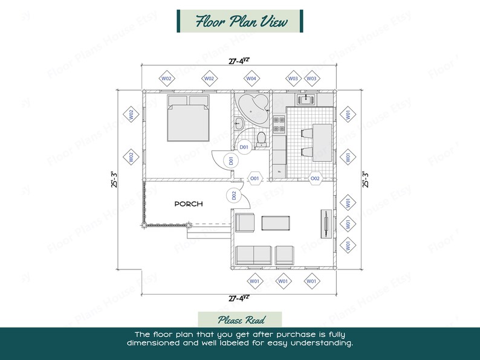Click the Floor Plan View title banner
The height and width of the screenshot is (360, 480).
pyautogui.click(x=240, y=21)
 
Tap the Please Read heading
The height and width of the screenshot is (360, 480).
pyautogui.click(x=240, y=320)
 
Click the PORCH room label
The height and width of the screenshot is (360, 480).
pyautogui.click(x=188, y=204)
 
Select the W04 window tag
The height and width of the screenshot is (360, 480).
pyautogui.click(x=251, y=79)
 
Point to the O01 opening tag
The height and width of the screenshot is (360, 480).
pyautogui.click(x=255, y=179)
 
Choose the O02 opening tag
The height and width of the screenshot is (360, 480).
pyautogui.click(x=315, y=178)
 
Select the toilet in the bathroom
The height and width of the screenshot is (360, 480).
pyautogui.click(x=262, y=139)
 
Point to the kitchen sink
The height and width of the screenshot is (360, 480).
pyautogui.click(x=306, y=98)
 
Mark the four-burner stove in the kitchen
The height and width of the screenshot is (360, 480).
pyautogui.click(x=279, y=124)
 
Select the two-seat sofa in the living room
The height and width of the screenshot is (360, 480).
pyautogui.click(x=253, y=255)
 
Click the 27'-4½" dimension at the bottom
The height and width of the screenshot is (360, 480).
pyautogui.click(x=239, y=298)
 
